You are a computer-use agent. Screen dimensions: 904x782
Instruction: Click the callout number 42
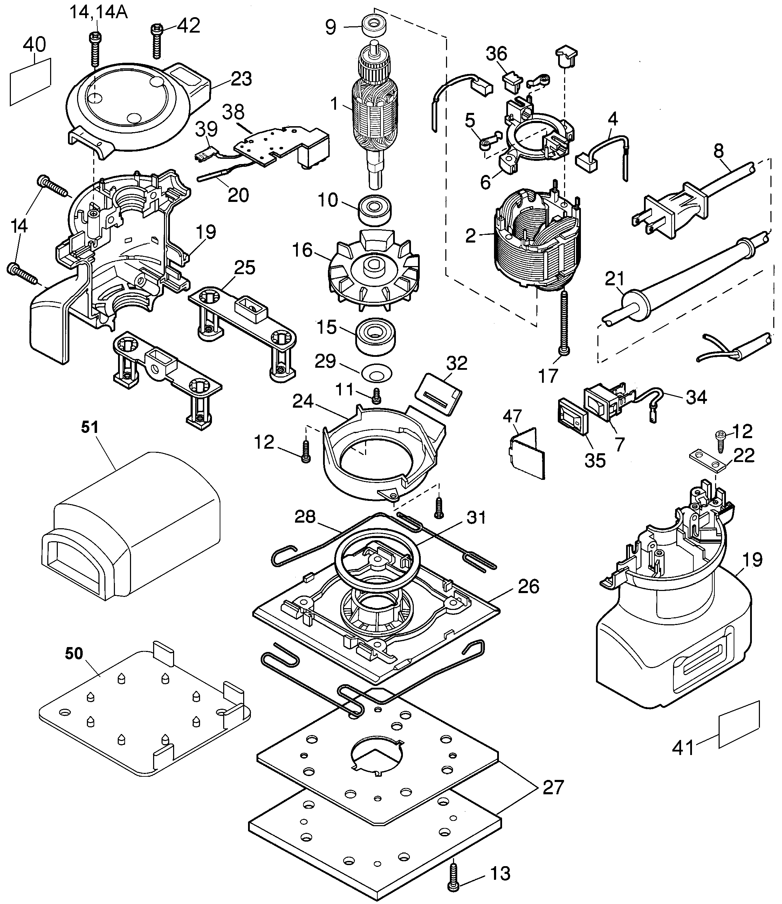click(188, 26)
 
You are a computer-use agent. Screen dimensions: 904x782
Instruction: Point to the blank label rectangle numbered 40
click(30, 82)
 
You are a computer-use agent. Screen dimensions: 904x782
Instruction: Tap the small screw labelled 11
click(377, 396)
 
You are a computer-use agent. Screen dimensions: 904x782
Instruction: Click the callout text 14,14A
click(98, 12)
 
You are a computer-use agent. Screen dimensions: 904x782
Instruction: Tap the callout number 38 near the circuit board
click(233, 113)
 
